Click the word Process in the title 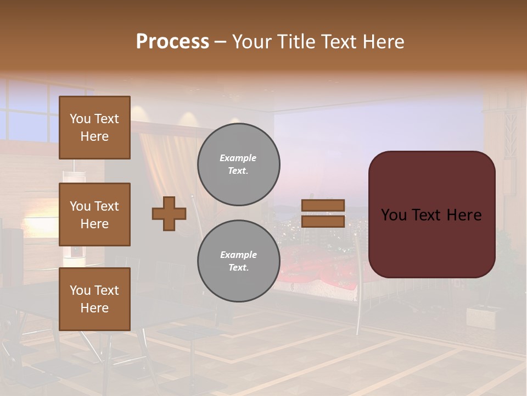[172, 42]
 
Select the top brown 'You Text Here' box [94, 128]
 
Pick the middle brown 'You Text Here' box [94, 215]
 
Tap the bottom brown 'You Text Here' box [94, 299]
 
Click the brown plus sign [169, 213]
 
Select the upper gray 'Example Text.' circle [238, 164]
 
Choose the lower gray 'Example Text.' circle [238, 261]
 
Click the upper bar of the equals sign [323, 205]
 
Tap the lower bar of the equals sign [323, 221]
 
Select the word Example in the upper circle [238, 158]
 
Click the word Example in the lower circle [238, 255]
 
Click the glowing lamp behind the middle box [38, 223]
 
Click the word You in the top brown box [80, 119]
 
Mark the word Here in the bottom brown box [94, 308]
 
